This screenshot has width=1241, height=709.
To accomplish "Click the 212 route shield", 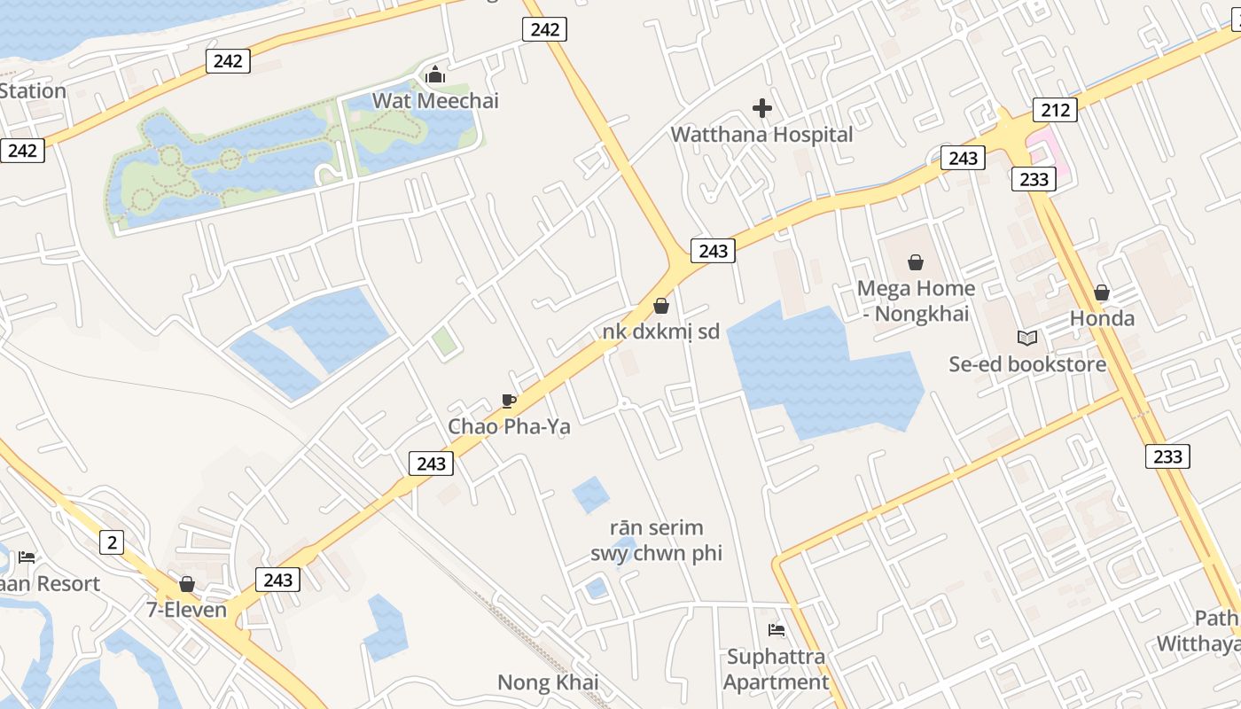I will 1054,110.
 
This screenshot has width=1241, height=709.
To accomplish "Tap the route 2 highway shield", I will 111,542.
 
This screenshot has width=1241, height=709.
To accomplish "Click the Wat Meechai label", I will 435,100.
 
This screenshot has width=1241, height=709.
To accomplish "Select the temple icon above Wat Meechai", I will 435,74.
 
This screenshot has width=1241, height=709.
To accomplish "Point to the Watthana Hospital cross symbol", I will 761,108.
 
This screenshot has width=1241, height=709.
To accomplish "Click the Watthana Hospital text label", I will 761,135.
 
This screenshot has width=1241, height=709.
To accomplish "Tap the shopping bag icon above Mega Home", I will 916,262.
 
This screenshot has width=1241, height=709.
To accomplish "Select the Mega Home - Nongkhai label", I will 916,301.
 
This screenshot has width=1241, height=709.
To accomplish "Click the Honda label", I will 1102,318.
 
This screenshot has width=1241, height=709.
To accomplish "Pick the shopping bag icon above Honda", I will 1102,292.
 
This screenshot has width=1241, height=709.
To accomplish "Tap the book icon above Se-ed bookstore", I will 1027,338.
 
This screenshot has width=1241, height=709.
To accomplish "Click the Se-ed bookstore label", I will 1027,364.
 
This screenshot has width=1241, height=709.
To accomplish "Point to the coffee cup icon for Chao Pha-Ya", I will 508,401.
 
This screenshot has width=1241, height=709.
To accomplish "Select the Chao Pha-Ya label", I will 509,426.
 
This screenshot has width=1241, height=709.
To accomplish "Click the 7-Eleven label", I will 187,610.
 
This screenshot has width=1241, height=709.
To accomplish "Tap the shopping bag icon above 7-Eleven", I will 187,584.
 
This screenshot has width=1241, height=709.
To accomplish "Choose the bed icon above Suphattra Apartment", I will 777,630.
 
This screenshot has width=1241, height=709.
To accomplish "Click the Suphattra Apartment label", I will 777,669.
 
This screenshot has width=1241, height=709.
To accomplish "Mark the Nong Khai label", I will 548,682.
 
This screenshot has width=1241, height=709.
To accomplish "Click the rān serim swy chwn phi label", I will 656,541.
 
